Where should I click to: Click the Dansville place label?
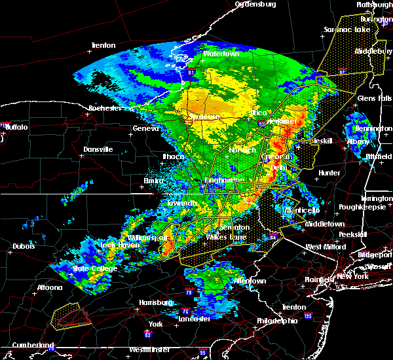coord(98,149)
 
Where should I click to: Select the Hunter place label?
coord(328,173)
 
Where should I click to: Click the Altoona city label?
coord(49,287)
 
